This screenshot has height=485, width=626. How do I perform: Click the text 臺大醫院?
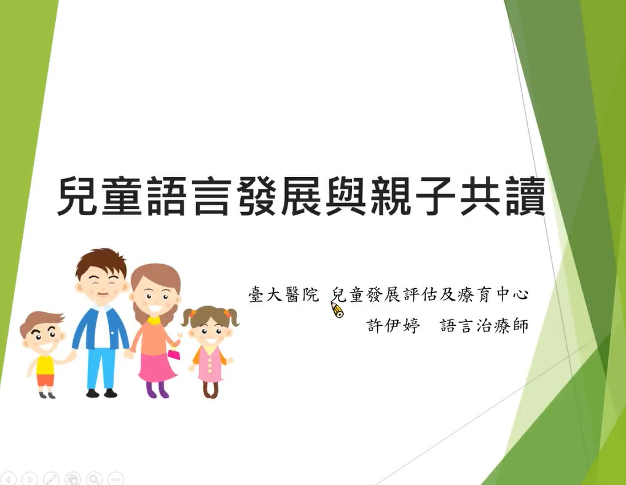[x=284, y=294]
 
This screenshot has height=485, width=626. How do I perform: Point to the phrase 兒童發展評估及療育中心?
[x=430, y=294]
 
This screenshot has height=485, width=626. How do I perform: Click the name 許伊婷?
[x=393, y=325]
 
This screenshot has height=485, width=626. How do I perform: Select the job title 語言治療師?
[x=484, y=325]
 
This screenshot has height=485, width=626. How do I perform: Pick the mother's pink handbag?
[x=174, y=353]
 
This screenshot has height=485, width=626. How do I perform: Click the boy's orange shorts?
[x=45, y=380]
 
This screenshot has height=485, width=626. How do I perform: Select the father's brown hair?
[x=102, y=262]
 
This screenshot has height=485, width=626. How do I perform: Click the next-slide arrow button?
[x=29, y=478]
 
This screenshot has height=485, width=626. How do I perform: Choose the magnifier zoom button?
[x=94, y=478]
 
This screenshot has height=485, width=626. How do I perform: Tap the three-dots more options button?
[x=115, y=478]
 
